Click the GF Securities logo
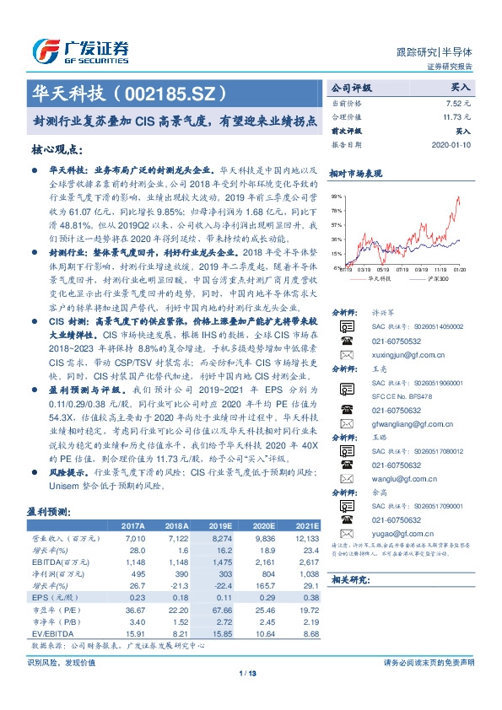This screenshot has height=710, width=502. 79,51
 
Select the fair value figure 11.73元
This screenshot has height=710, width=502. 457,117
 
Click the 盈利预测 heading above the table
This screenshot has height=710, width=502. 49,513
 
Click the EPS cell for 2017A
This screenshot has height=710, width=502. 135,596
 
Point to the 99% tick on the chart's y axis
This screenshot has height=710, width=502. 337,196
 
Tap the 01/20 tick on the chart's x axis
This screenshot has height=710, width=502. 459,270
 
